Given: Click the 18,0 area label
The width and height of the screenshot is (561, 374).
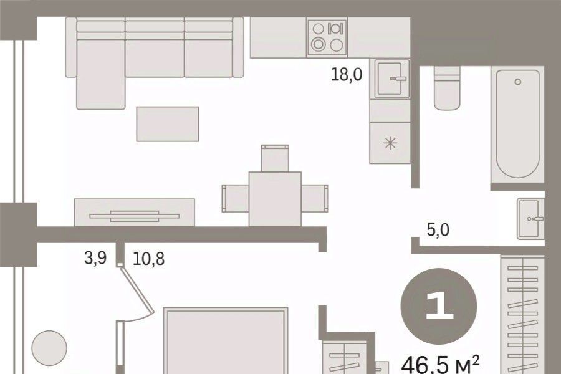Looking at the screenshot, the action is pyautogui.click(x=347, y=75).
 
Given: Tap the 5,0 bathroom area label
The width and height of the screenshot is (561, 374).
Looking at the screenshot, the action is pyautogui.click(x=438, y=230).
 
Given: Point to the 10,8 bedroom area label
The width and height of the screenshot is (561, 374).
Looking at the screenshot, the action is pyautogui.click(x=148, y=259).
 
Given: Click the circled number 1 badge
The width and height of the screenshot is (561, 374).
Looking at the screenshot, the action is pyautogui.click(x=439, y=306).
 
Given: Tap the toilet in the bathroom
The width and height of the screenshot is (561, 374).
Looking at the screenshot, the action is pyautogui.click(x=446, y=88).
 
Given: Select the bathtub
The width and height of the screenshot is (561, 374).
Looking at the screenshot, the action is pyautogui.click(x=517, y=124).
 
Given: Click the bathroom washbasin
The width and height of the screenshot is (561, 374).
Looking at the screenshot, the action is pyautogui.click(x=530, y=219).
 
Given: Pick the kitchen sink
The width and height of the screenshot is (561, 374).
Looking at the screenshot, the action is pyautogui.click(x=391, y=79).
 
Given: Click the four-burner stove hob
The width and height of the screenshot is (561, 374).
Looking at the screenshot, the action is pyautogui.click(x=327, y=37).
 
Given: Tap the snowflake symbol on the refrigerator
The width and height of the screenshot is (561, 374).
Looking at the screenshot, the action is pyautogui.click(x=390, y=143).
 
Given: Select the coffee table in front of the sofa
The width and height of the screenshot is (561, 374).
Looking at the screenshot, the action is pyautogui.click(x=168, y=124).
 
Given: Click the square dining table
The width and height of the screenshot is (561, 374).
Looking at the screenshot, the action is pyautogui.click(x=275, y=199).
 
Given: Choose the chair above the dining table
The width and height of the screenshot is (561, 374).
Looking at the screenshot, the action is pyautogui.click(x=275, y=158).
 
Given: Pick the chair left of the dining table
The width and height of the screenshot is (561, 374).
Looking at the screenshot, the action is pyautogui.click(x=236, y=199).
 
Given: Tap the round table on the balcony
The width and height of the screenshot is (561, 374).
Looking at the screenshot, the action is pyautogui.click(x=49, y=348).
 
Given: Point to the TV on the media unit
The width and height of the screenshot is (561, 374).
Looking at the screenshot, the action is pyautogui.click(x=134, y=216).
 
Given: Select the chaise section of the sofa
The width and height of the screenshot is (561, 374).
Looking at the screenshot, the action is pyautogui.click(x=101, y=74).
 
